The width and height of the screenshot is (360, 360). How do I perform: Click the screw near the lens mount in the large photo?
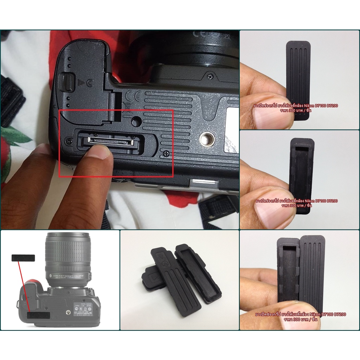[210, 76]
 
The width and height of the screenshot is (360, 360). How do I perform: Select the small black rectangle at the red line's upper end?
[23, 258]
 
